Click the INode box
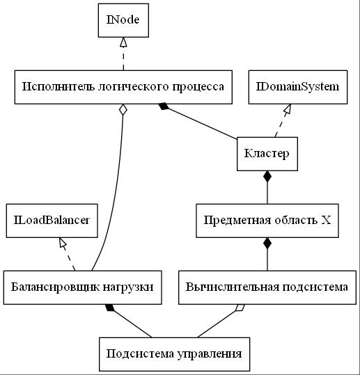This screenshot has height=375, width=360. pos(123,20)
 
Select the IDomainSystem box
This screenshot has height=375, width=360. pos(298,87)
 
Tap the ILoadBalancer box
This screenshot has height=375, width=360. pos(52,221)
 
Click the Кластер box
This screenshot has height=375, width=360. pos(267,154)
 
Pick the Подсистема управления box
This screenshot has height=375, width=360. pos(175,354)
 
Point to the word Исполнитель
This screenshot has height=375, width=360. pos(59,86)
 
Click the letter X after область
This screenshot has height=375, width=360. pos(326,220)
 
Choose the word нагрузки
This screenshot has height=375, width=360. pos(128,287)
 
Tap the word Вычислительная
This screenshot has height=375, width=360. pos(232,287)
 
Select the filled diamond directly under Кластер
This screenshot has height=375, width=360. pos(267,177)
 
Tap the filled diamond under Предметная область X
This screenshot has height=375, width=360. pos(267,244)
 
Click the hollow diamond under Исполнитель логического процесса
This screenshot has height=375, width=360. pos(123,110)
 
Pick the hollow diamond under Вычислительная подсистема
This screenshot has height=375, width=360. pos(240,308)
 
